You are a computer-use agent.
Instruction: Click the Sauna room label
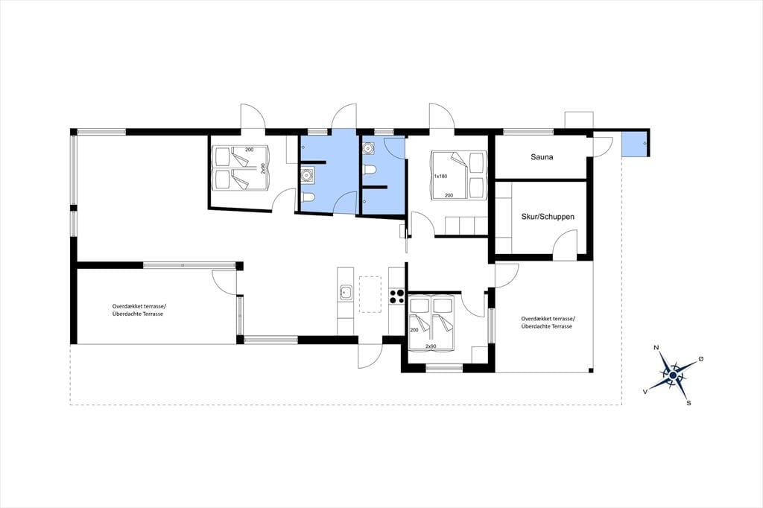click(x=542, y=157)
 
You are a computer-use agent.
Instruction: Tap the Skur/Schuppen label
click(x=548, y=217)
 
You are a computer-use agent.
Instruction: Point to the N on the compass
click(x=656, y=347)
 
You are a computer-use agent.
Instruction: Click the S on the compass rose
click(x=688, y=403)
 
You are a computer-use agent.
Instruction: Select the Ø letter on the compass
click(x=700, y=358)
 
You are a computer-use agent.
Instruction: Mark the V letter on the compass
click(x=645, y=391)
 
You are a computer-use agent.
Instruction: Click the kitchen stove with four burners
click(x=396, y=296)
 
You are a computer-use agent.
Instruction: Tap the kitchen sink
click(x=346, y=293)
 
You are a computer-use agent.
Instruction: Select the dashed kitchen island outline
click(x=370, y=294)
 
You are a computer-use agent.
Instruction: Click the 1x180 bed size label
click(x=440, y=176)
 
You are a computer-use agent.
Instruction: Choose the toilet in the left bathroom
click(x=308, y=197)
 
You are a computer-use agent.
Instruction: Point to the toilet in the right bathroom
click(x=370, y=170)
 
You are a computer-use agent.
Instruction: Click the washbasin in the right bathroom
click(x=368, y=147)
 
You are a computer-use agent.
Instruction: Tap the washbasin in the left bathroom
click(x=307, y=174)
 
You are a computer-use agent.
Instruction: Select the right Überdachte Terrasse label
click(x=546, y=326)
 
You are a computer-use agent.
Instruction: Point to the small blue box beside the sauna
click(x=634, y=143)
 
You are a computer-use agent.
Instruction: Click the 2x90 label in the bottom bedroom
click(x=430, y=346)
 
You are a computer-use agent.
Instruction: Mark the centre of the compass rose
click(x=673, y=375)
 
